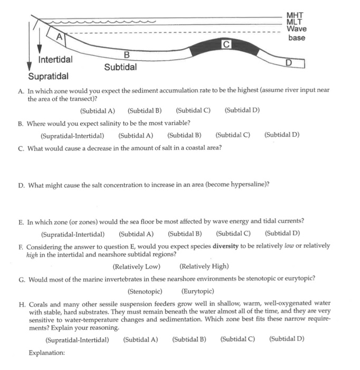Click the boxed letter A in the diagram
(60, 37)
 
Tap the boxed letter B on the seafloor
(126, 55)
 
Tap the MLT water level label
(294, 22)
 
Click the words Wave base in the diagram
(297, 33)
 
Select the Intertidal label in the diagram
(55, 59)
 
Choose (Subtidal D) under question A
(242, 110)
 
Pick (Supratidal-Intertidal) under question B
(72, 135)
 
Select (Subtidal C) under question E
(233, 234)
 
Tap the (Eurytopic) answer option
(197, 291)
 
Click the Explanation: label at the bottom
(46, 352)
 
